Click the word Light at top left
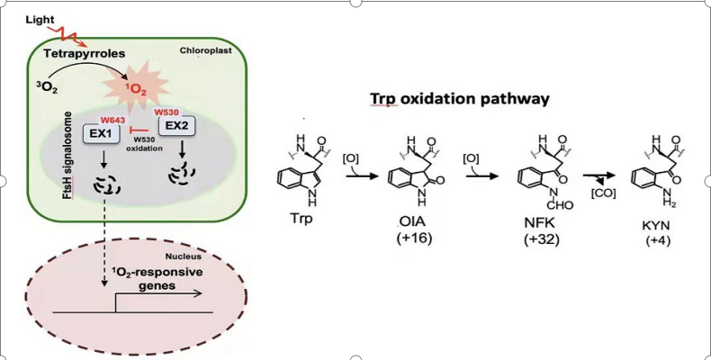(40, 19)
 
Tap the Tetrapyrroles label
(85, 57)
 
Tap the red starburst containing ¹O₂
(138, 87)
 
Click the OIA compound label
(416, 222)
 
